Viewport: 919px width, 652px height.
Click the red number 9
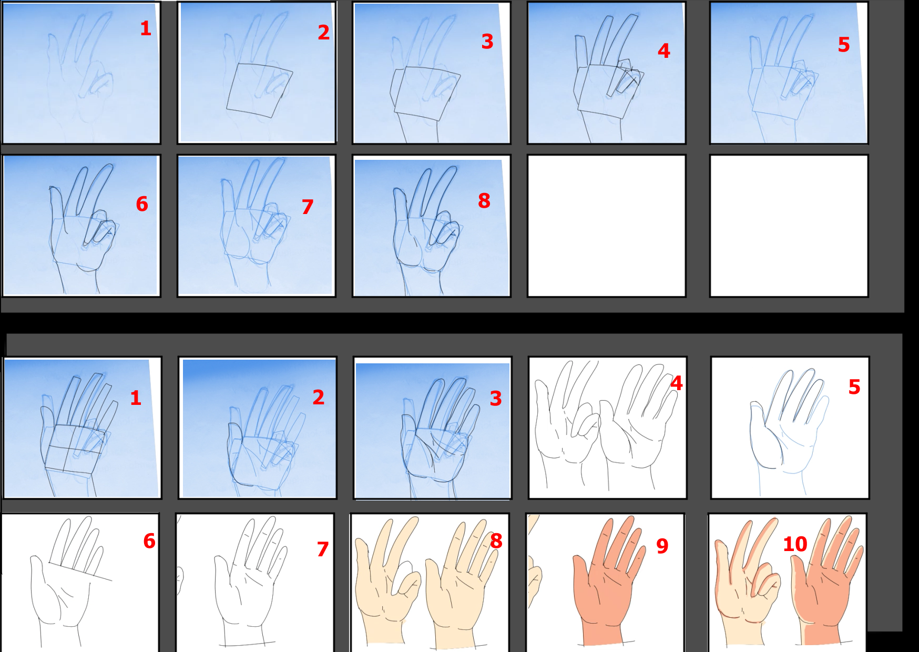[x=662, y=546]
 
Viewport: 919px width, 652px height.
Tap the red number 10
[x=795, y=544]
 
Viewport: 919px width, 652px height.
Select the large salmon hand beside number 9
[x=609, y=581]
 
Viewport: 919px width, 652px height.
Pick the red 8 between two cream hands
[x=496, y=541]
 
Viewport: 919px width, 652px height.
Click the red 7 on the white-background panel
[x=323, y=549]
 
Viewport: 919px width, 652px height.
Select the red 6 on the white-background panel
[x=149, y=541]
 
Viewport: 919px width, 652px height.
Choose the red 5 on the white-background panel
[x=854, y=387]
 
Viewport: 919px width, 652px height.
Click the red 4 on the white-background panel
[x=677, y=383]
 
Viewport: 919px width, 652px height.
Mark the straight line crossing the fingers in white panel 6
[x=80, y=572]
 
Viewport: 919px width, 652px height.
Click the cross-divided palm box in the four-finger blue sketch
[x=74, y=448]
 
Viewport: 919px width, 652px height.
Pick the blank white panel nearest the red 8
[x=606, y=226]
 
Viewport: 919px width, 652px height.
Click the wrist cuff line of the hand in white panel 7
[x=248, y=644]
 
